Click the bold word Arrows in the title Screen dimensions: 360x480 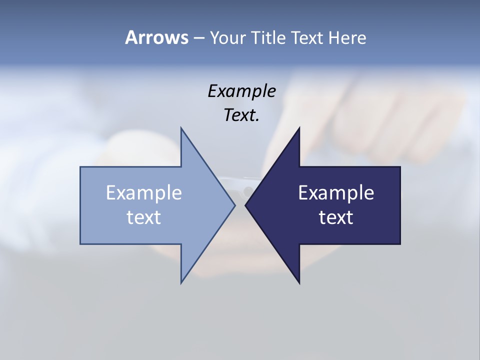156,37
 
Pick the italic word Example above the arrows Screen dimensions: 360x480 241,91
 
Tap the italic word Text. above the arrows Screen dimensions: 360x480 241,115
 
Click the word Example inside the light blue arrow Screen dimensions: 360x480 143,193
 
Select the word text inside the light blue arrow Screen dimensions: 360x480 143,217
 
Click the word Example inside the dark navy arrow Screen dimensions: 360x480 336,193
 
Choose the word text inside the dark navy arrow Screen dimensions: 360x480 336,217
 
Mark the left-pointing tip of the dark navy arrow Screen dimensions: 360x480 245,205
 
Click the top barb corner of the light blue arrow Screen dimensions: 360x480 181,128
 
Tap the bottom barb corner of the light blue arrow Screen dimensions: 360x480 181,283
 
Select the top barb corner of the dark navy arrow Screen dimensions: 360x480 299,128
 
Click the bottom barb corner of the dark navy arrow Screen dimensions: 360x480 299,283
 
